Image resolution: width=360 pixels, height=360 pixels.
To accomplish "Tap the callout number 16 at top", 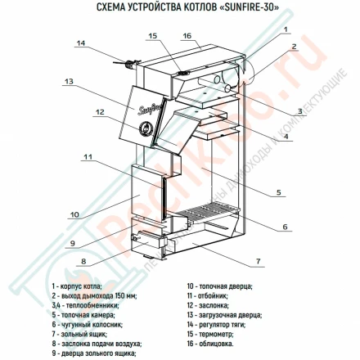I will [187, 37].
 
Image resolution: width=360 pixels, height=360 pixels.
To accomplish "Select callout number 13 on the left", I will [69, 82].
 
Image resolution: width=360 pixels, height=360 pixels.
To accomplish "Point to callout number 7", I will [259, 261].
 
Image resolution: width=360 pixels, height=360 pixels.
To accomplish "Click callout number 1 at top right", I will [286, 29].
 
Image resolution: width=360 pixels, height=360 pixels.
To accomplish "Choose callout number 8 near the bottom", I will [83, 262].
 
